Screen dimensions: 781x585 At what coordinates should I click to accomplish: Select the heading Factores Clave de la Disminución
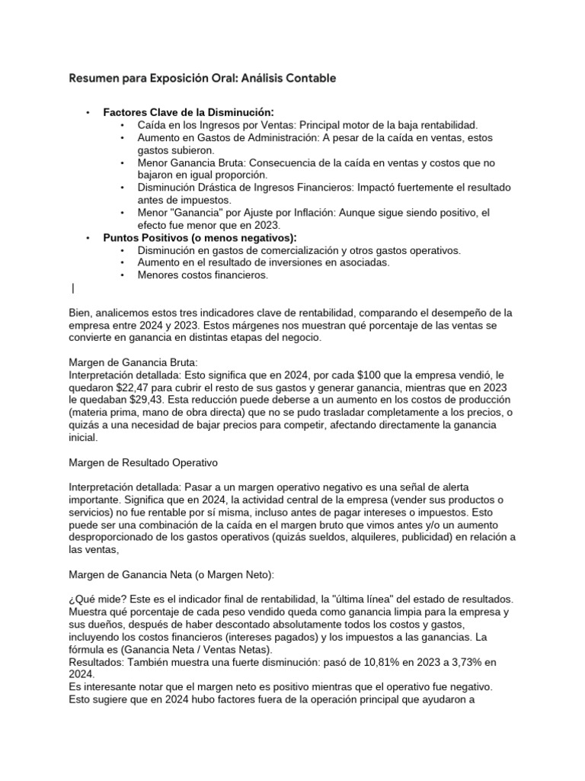coord(188,111)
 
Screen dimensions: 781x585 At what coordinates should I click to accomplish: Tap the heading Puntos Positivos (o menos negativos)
coord(200,238)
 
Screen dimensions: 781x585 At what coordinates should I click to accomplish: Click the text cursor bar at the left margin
coord(72,288)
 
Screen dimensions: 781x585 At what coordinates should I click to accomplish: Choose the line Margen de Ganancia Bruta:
coord(133,362)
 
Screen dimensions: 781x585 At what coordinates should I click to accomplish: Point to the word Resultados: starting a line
coord(96,662)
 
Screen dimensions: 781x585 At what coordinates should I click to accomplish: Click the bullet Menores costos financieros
coord(203,275)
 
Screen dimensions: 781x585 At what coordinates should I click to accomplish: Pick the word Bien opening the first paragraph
coord(80,313)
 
